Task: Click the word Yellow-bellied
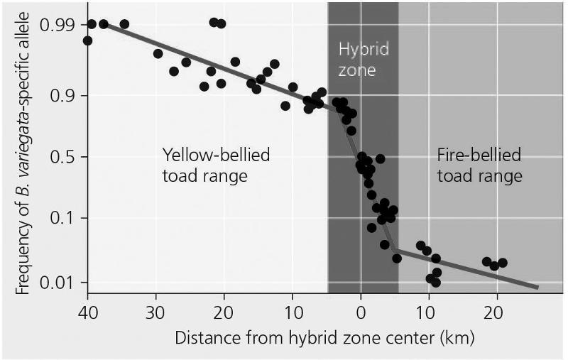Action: [216, 155]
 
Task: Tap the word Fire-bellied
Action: [478, 155]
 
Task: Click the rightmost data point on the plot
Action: [503, 263]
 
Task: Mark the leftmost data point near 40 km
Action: [87, 40]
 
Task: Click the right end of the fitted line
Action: [537, 288]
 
